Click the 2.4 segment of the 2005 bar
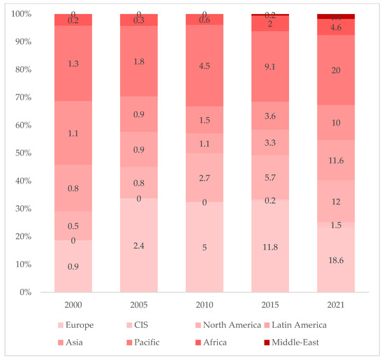coord(138,246)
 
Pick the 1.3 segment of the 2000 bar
coord(73,64)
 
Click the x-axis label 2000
coord(73,306)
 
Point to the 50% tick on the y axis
coord(22,153)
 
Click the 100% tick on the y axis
coord(20,14)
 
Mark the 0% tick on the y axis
coord(24,292)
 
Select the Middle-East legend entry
coord(297,343)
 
